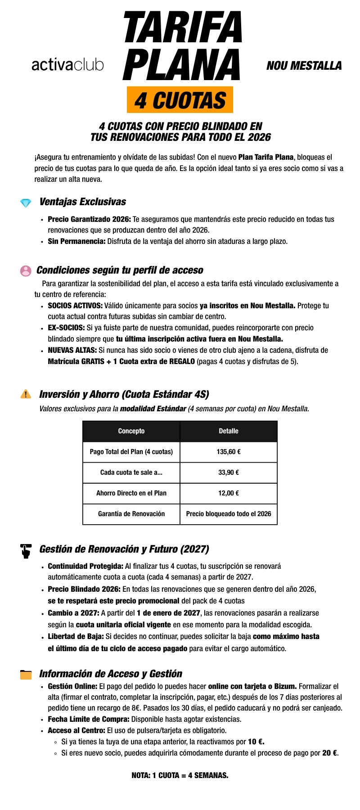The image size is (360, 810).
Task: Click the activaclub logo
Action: (x=67, y=65)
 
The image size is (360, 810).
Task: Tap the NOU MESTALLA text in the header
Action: (x=304, y=66)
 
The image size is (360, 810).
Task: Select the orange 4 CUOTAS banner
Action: (x=180, y=100)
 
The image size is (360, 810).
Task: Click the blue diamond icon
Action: (x=26, y=203)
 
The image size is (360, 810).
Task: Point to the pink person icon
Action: (x=26, y=270)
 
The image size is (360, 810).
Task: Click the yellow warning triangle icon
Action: (x=26, y=394)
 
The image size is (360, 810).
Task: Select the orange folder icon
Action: (x=26, y=675)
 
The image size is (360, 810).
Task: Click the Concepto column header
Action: (x=131, y=431)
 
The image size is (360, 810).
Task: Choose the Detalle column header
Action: (x=229, y=431)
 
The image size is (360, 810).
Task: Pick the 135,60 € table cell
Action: (x=229, y=452)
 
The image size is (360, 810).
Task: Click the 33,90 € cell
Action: (x=229, y=472)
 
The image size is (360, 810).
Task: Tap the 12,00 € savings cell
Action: (x=229, y=493)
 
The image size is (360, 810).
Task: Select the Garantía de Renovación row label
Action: (x=131, y=514)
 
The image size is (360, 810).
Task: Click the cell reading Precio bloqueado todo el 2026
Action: (x=229, y=514)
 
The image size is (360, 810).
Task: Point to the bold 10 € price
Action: (x=256, y=742)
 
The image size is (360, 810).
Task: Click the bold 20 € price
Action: (x=330, y=753)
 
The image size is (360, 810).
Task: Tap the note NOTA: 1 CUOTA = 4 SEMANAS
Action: (x=180, y=775)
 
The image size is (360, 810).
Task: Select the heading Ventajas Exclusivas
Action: (x=83, y=202)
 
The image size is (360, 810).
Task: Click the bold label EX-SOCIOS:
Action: (x=66, y=328)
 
